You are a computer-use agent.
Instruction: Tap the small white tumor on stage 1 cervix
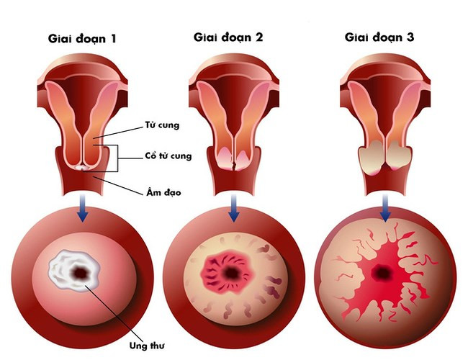[x=84, y=167]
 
